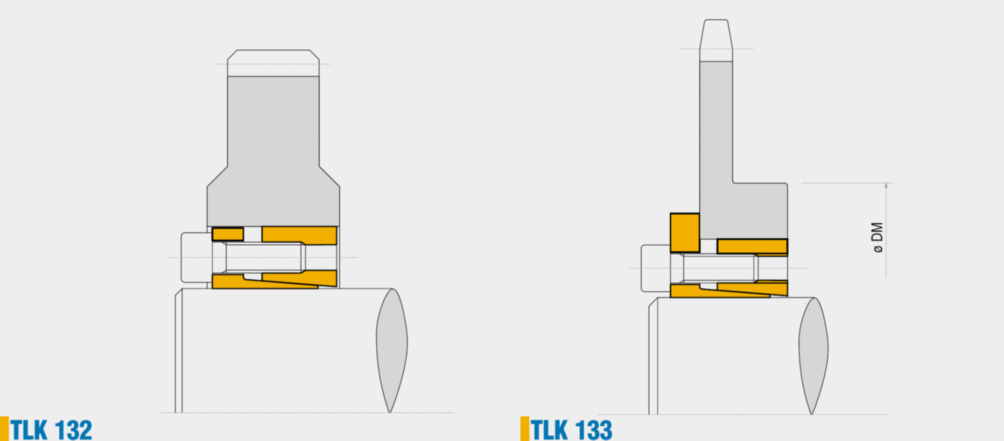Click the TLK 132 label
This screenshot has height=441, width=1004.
[51, 429]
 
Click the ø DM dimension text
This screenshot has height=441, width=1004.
[878, 237]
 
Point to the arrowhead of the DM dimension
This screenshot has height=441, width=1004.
[886, 186]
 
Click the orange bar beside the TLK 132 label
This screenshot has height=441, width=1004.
[4, 428]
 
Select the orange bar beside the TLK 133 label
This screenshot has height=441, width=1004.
[525, 428]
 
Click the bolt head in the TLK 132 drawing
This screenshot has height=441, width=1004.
[196, 257]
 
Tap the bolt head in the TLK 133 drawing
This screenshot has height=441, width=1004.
[655, 268]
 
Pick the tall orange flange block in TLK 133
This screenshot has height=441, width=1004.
[685, 233]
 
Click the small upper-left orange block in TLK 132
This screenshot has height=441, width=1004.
[228, 234]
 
